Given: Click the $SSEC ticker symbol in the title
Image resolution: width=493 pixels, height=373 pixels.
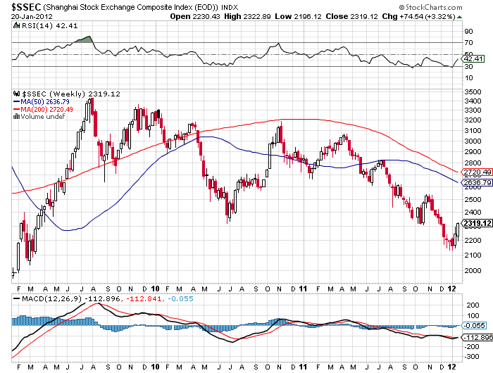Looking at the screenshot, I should coord(26,7).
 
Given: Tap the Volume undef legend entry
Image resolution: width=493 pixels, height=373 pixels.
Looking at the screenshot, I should coord(43,117).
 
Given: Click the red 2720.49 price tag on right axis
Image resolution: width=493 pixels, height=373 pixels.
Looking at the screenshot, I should coord(475,172).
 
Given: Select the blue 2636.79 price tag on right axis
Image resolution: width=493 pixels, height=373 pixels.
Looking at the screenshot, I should coord(475,183).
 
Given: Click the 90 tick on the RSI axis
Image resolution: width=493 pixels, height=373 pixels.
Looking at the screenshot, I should coord(468,32).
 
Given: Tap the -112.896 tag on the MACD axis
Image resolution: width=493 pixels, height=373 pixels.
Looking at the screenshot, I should coord(478,337).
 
